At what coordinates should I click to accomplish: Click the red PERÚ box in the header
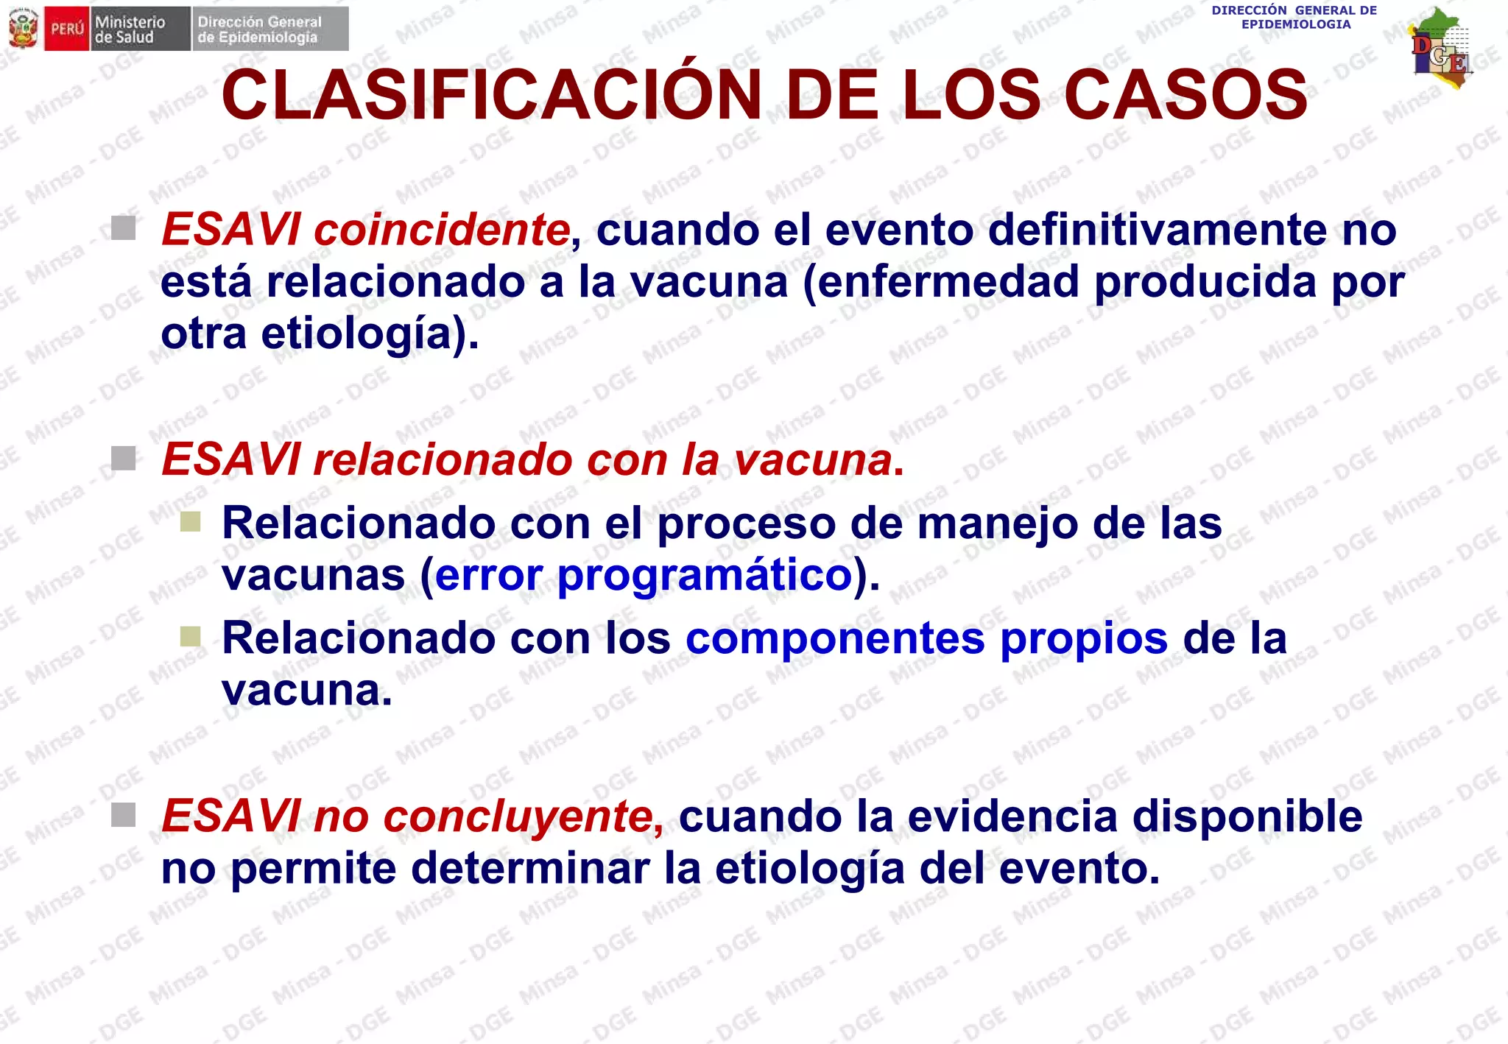pos(67,29)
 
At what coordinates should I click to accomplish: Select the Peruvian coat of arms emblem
pos(23,29)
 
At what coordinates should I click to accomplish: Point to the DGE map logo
pos(1441,49)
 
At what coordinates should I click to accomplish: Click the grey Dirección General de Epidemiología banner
pos(270,29)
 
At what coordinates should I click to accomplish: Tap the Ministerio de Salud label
pos(139,29)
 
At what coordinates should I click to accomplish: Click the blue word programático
pos(705,575)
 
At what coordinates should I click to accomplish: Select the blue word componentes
pos(835,638)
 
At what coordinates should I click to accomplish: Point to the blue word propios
pos(1084,638)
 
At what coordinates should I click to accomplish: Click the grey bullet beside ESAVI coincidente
pos(124,228)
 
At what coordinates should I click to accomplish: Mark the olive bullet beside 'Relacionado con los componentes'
pos(191,636)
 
